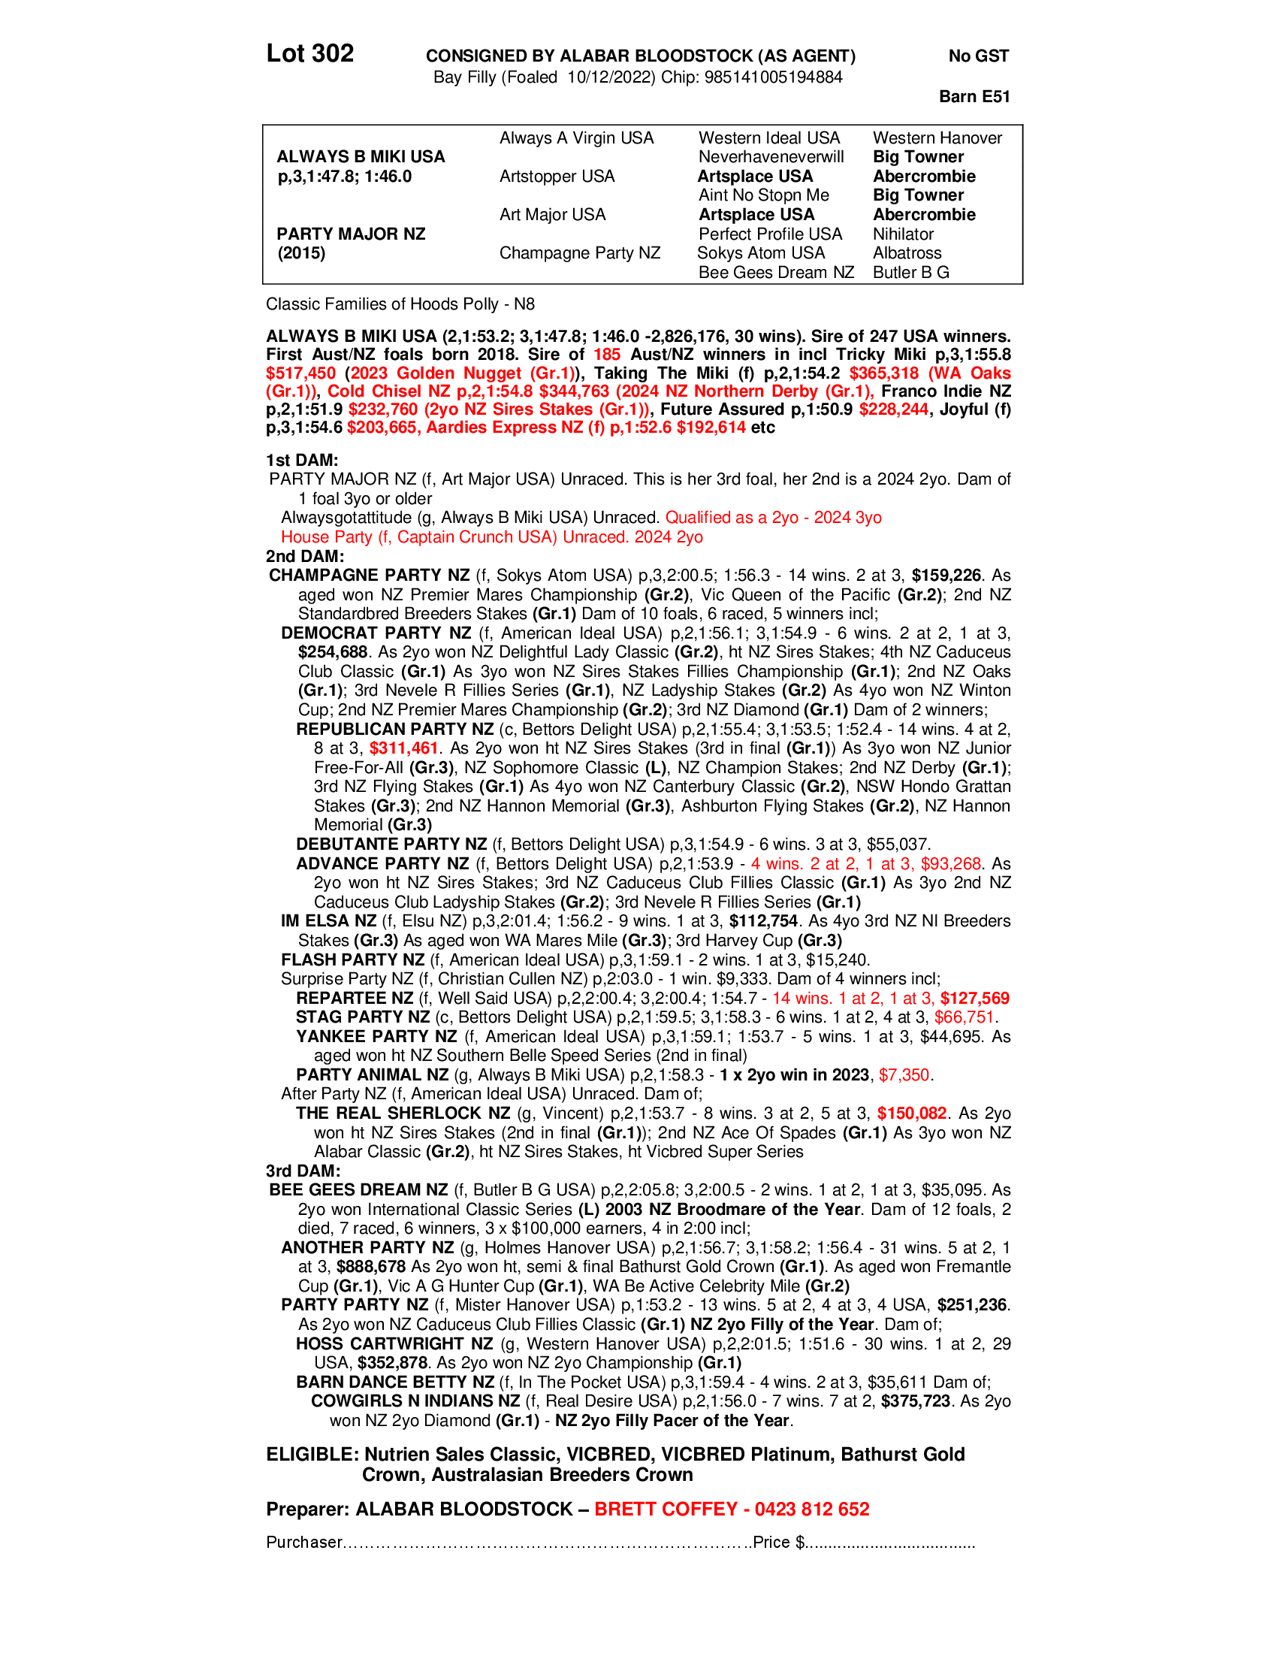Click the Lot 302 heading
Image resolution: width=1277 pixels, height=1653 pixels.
(x=309, y=54)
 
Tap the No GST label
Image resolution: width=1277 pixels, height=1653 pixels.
(x=978, y=56)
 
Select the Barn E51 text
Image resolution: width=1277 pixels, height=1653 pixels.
(x=974, y=96)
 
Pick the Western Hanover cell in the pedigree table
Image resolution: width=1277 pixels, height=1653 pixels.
(x=937, y=137)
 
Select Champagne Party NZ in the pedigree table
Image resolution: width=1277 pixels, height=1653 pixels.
(x=578, y=252)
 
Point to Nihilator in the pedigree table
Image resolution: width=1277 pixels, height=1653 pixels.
(x=902, y=234)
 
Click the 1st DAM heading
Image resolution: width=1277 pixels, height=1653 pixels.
(x=301, y=460)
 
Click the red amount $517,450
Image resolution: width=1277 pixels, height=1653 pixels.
(x=300, y=373)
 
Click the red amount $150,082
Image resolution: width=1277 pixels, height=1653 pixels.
(x=912, y=1114)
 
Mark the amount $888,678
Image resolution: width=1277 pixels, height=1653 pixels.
(x=371, y=1267)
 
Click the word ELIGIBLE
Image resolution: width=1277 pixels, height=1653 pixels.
(x=311, y=1455)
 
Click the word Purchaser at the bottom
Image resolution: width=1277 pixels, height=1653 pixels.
(x=304, y=1543)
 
